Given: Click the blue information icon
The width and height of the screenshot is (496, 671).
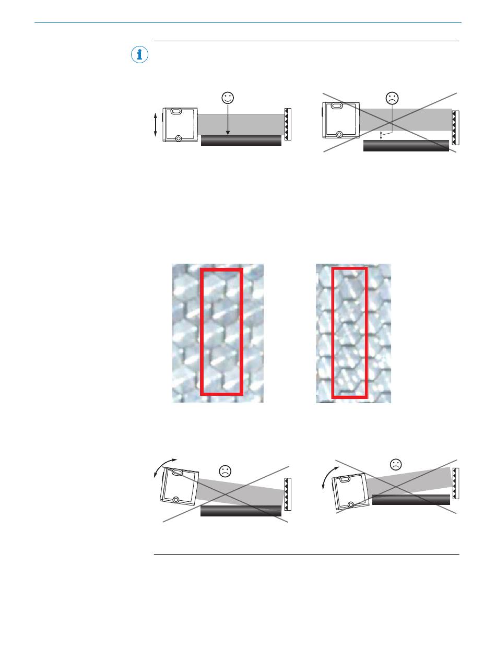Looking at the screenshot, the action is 139,55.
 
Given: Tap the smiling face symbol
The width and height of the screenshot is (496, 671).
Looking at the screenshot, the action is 228,98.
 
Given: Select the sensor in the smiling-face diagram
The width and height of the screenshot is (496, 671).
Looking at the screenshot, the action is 181,125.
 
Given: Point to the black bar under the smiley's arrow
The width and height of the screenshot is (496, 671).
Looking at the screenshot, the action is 241,141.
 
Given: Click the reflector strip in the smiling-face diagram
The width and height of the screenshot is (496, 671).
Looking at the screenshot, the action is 287,124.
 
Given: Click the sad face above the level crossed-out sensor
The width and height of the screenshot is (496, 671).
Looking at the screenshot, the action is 392,98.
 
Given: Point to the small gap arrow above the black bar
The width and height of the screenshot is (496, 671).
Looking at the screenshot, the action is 381,135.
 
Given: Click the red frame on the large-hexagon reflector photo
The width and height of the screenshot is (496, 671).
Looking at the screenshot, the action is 222,332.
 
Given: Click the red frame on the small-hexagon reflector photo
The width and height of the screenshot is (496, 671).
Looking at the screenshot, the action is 350,332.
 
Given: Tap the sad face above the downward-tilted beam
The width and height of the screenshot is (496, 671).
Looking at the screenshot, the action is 225,470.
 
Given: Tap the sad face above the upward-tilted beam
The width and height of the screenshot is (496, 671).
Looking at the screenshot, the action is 396,463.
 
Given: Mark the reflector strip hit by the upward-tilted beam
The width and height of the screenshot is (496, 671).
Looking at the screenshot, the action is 456,483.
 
